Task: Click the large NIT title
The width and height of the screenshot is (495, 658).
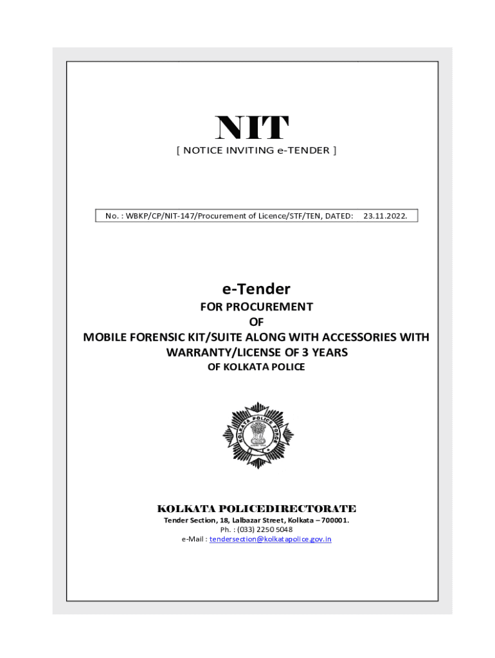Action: (252, 128)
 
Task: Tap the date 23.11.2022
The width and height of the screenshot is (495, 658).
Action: (384, 216)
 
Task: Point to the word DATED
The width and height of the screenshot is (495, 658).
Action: (339, 216)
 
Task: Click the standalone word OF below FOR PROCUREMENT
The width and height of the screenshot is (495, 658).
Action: (256, 322)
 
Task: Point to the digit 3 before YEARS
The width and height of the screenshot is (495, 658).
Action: (306, 352)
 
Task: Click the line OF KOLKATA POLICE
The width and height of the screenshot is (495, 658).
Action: (256, 367)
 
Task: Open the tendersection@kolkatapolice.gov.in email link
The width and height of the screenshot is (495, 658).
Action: (270, 539)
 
